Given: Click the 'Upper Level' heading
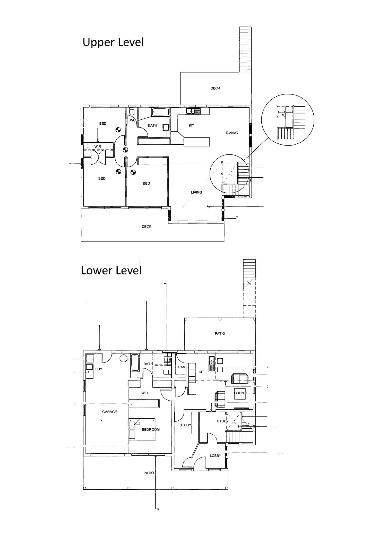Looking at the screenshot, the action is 113,42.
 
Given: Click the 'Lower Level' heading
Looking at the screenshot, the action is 111,271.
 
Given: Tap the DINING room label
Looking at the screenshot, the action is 232,133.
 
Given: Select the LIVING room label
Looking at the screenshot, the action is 196,192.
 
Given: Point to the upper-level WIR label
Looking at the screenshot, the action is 98,147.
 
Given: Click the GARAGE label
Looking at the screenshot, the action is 109,412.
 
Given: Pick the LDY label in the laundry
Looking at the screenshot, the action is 99,369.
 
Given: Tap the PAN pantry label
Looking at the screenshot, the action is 182,367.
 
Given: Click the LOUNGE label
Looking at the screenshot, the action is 241,393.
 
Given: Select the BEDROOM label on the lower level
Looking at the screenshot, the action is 151,429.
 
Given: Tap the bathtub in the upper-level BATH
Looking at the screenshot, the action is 160,112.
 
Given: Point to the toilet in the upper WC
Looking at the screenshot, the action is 132,112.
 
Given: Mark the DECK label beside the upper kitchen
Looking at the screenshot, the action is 215,88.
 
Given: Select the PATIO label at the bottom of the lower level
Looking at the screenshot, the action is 149,473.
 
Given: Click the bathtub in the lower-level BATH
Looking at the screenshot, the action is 135,363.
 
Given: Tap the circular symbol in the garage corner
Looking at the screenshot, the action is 124,358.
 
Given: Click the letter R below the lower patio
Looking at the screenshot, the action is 158,509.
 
